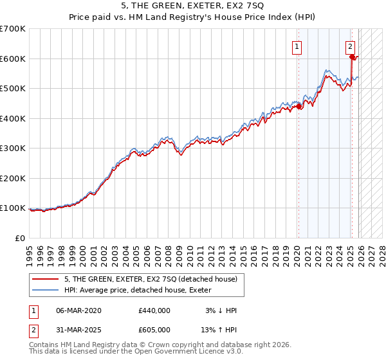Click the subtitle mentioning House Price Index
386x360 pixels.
point(192,19)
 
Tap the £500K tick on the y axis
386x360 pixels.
point(12,88)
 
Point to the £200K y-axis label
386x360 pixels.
point(12,178)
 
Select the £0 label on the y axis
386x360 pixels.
point(19,238)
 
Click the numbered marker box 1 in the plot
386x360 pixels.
point(297,46)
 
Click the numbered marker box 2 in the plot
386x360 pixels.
point(351,46)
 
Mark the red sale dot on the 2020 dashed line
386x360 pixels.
point(299,107)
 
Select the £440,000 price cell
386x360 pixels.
point(154,310)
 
